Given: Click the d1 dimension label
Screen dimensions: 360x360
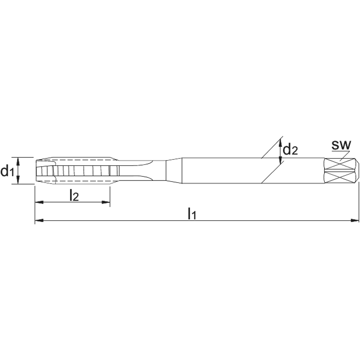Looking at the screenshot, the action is [7, 171].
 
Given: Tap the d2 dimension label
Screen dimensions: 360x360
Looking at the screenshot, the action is [290, 150].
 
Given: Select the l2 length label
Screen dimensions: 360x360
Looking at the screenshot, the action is [74, 196].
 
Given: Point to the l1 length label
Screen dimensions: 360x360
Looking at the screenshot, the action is [192, 213].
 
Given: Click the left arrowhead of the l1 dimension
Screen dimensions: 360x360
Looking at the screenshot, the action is [39, 220].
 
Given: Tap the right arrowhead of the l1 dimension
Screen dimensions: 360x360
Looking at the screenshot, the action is [354, 220].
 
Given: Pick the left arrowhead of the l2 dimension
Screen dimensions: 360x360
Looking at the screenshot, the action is [39, 202].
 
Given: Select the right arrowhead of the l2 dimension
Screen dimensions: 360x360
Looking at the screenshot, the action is [105, 202].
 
